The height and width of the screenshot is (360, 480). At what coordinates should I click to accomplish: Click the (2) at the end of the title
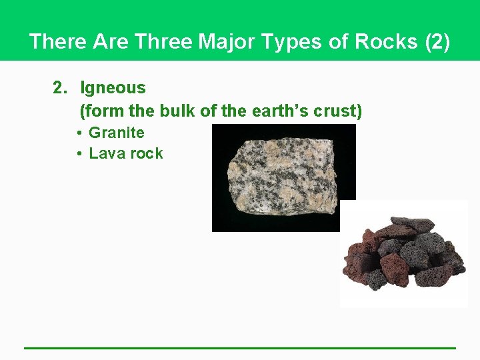(437, 42)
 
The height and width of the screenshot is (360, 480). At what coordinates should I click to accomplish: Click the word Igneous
(113, 87)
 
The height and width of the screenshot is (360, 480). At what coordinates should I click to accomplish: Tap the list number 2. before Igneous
(61, 87)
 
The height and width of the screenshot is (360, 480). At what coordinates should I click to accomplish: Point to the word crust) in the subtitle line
(339, 111)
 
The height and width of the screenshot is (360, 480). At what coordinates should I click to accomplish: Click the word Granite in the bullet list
(116, 133)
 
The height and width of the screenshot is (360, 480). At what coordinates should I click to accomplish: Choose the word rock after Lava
(147, 153)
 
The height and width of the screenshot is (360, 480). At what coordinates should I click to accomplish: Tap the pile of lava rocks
(403, 257)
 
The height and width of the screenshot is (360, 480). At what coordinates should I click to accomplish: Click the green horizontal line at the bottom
(240, 347)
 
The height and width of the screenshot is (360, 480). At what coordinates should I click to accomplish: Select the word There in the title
(59, 42)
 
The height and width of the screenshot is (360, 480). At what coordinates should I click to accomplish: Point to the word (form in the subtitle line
(98, 111)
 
